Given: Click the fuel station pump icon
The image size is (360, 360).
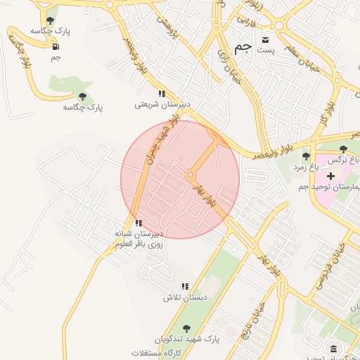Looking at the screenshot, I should tap(55, 47).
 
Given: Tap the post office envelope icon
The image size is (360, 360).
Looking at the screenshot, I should tap(265, 39).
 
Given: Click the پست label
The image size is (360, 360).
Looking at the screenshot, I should tap(265, 50).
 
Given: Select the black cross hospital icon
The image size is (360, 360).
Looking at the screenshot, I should tap(330, 175).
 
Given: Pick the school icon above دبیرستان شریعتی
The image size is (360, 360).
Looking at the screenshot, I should tap(162, 93).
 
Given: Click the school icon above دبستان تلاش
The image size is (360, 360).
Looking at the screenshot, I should tap(185, 286).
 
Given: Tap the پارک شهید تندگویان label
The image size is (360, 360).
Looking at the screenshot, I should tap(186, 339).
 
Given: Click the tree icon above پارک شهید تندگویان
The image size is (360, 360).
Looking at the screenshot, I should tap(186, 328).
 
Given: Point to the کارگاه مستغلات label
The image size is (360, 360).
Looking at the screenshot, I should tap(156, 352).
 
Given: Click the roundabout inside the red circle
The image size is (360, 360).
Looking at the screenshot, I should tap(191, 175).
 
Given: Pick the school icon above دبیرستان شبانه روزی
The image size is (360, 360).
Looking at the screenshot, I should tap(138, 223).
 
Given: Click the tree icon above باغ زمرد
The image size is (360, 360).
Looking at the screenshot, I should tap(305, 156).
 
